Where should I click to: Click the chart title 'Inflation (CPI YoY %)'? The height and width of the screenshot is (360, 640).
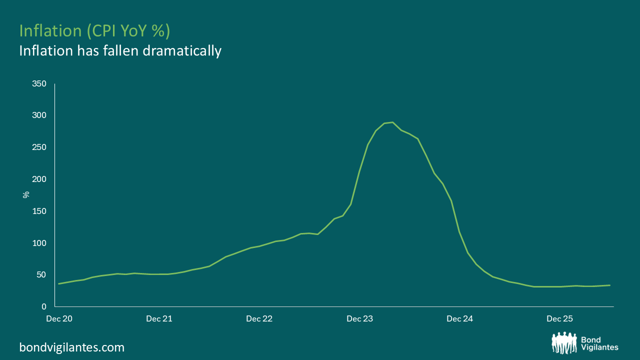tap(94, 31)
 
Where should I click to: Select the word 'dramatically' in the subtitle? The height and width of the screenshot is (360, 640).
tap(182, 51)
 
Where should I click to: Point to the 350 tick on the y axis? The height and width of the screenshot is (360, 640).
tap(39, 83)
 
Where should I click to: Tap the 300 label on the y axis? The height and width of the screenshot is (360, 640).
tap(39, 115)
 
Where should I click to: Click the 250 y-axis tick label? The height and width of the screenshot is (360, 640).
tap(39, 147)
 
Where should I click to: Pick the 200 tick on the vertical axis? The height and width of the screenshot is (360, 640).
tap(39, 179)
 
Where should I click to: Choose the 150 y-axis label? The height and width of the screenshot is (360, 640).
tap(39, 211)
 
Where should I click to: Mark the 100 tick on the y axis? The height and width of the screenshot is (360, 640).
tap(39, 243)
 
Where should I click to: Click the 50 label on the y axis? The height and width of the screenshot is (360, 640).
tap(41, 274)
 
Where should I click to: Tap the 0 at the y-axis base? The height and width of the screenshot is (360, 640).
tap(43, 306)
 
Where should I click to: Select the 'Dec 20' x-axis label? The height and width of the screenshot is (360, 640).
tap(59, 318)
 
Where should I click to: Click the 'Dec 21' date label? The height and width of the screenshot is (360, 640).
tap(159, 318)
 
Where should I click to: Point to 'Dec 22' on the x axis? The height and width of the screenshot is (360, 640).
tap(259, 318)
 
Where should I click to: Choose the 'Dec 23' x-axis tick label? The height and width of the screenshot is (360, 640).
tap(359, 318)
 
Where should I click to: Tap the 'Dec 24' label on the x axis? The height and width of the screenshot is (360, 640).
tap(459, 318)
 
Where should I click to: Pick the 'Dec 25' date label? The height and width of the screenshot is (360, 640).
tap(559, 318)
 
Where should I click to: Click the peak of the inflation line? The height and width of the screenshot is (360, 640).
tap(393, 122)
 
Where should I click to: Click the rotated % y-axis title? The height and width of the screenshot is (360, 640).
tap(26, 195)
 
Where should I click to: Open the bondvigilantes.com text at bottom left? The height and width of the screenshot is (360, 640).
tap(72, 347)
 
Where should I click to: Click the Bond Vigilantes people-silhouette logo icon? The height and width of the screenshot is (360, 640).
tap(564, 342)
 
